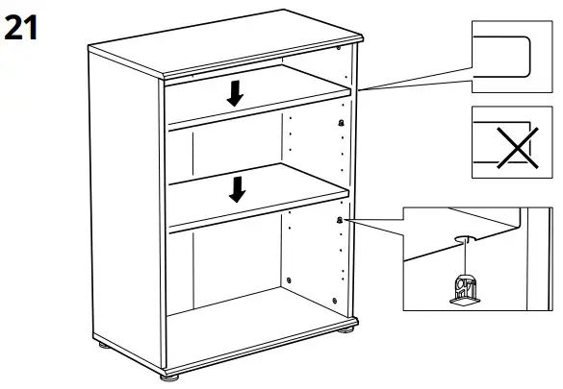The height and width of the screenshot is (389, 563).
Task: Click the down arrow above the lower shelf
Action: point(236,190)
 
